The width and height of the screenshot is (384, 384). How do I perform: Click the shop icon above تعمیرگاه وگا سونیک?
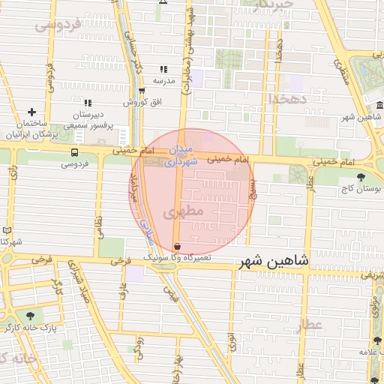pos(176,246)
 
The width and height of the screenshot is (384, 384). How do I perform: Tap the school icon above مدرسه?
pos(163,70)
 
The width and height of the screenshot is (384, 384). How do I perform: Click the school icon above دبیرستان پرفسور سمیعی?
pos(88,103)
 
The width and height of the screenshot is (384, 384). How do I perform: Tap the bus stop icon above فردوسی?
pos(73,152)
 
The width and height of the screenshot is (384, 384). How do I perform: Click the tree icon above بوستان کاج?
pos(362,178)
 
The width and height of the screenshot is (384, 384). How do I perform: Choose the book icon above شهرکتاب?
pos(7,230)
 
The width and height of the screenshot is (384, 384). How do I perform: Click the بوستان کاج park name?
pos(361,191)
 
